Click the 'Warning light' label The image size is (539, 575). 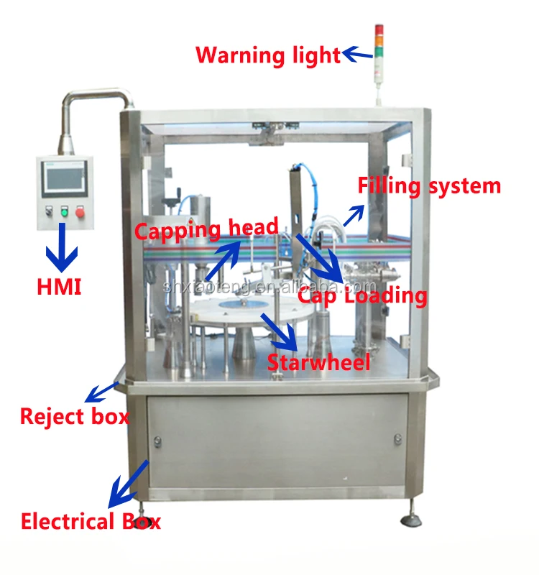pyautogui.click(x=268, y=55)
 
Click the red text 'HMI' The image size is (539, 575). pyautogui.click(x=59, y=287)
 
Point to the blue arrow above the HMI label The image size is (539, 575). pyautogui.click(x=60, y=247)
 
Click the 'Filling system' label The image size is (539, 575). pyautogui.click(x=429, y=186)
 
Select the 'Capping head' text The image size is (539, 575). pyautogui.click(x=206, y=231)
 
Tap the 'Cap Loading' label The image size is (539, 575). pyautogui.click(x=362, y=295)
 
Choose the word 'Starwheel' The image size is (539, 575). pyautogui.click(x=318, y=362)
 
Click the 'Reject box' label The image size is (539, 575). pyautogui.click(x=74, y=416)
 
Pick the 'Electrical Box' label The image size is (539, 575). pyautogui.click(x=91, y=521)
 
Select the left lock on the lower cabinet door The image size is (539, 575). pyautogui.click(x=157, y=439)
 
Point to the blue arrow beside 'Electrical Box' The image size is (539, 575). pyautogui.click(x=127, y=484)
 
